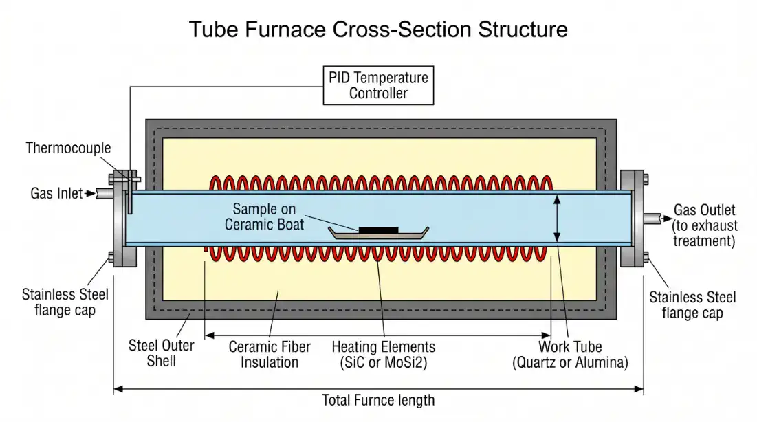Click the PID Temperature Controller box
tap(378, 86)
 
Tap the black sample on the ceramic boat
tap(378, 227)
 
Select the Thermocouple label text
tap(68, 148)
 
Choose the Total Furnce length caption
tap(378, 400)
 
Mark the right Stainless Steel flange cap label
tap(692, 304)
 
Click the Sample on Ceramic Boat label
tap(268, 216)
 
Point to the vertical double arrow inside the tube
tap(558, 218)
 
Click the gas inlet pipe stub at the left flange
tap(103, 194)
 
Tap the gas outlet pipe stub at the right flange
tap(653, 219)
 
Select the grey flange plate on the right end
tap(631, 218)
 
